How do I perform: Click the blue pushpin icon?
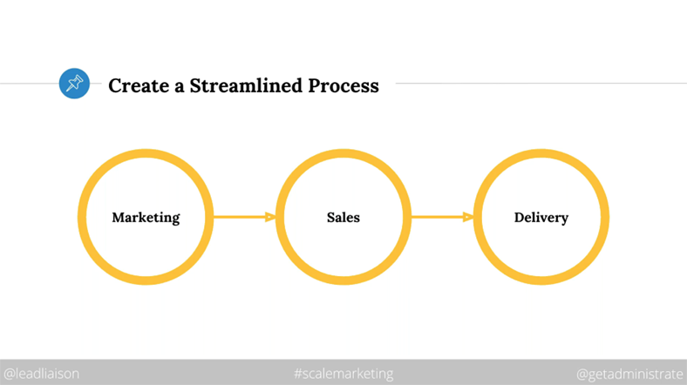(74, 83)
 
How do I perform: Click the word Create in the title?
(139, 85)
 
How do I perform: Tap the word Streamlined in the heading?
(246, 85)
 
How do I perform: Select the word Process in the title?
(343, 85)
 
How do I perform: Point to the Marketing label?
(146, 218)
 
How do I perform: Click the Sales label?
(343, 218)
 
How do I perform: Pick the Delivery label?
(541, 218)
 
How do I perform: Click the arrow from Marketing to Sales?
(244, 217)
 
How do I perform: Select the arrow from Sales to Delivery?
(443, 217)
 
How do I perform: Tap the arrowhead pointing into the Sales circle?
(271, 217)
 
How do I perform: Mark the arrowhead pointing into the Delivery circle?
(468, 217)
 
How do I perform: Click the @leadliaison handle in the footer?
(42, 374)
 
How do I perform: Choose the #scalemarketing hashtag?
(343, 374)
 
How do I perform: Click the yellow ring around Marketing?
(82, 217)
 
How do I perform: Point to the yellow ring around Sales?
(280, 217)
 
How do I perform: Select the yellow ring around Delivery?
(478, 217)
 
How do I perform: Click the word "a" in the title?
(180, 87)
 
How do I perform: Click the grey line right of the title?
(541, 83)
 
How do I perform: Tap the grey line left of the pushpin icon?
(30, 83)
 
